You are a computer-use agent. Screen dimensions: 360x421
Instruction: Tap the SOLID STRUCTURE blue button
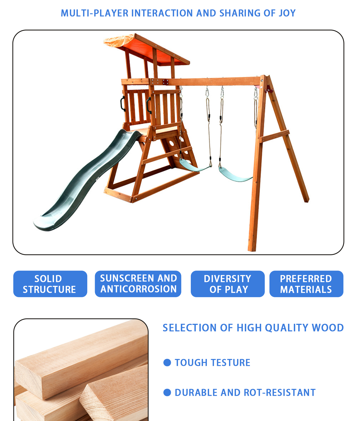pyautogui.click(x=50, y=284)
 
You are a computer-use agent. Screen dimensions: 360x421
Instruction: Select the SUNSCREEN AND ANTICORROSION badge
pyautogui.click(x=138, y=284)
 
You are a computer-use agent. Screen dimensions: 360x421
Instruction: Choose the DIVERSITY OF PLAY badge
pyautogui.click(x=227, y=284)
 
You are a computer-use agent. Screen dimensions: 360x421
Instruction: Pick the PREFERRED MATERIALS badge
pyautogui.click(x=306, y=284)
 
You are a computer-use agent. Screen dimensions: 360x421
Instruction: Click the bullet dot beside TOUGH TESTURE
pyautogui.click(x=167, y=363)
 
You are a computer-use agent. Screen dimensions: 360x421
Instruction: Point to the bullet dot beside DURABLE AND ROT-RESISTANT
pyautogui.click(x=167, y=392)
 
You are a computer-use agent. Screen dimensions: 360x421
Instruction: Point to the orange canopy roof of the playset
pyautogui.click(x=146, y=50)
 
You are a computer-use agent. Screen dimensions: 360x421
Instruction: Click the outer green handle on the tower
pyautogui.click(x=123, y=104)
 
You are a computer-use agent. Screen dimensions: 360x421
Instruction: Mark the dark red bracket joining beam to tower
pyautogui.click(x=165, y=82)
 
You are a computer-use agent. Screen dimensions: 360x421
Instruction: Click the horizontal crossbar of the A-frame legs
pyautogui.click(x=274, y=136)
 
